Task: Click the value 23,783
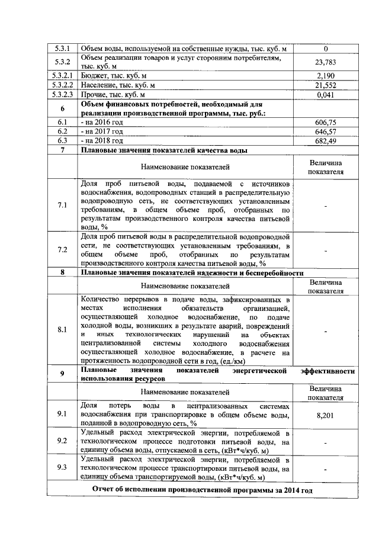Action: [326, 62]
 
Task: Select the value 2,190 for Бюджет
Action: [326, 76]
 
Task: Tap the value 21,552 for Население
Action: [326, 85]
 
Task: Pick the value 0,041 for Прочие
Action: [326, 94]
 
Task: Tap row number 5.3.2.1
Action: [62, 76]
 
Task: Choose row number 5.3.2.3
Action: [62, 94]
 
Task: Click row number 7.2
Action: [62, 250]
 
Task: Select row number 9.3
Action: [62, 468]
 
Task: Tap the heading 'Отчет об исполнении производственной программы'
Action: [202, 491]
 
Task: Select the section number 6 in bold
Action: [62, 108]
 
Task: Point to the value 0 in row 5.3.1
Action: [326, 48]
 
